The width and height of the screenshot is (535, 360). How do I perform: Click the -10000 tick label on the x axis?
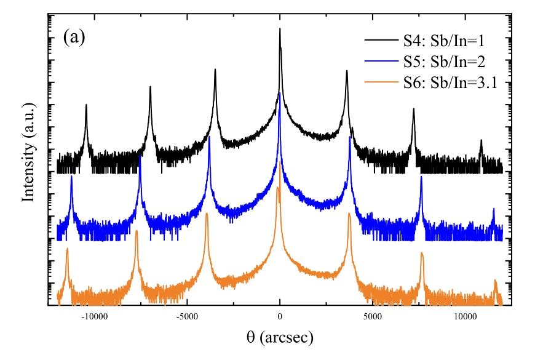pyautogui.click(x=94, y=317)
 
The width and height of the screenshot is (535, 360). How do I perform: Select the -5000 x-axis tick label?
pyautogui.click(x=187, y=317)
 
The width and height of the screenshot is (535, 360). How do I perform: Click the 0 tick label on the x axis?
pyautogui.click(x=280, y=317)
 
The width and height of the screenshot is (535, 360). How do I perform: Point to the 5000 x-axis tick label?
pyautogui.click(x=372, y=317)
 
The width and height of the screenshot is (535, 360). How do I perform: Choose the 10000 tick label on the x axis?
pyautogui.click(x=464, y=317)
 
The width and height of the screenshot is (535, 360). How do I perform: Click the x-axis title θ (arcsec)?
pyautogui.click(x=280, y=337)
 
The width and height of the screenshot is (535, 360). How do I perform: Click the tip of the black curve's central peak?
pyautogui.click(x=280, y=29)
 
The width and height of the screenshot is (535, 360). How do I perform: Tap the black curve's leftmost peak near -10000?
pyautogui.click(x=86, y=105)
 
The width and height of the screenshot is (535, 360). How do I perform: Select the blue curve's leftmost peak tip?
pyautogui.click(x=71, y=177)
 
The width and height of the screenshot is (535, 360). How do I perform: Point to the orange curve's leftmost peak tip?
pyautogui.click(x=67, y=249)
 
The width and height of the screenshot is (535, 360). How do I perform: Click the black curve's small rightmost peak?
pyautogui.click(x=481, y=140)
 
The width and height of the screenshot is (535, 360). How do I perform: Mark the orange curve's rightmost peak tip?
pyautogui.click(x=495, y=280)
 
